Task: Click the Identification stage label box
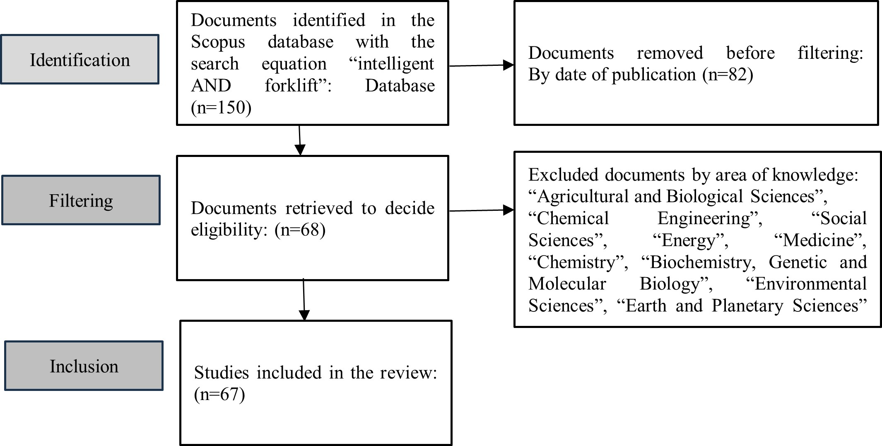pos(80,60)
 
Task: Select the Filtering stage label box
pos(81,200)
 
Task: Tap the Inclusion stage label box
pos(84,366)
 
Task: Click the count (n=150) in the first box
pos(221,108)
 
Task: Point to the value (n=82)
pos(728,75)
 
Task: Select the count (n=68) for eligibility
pos(300,230)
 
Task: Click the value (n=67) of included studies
pos(219,394)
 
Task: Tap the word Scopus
pos(218,42)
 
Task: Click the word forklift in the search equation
pos(292,86)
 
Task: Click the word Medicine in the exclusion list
pos(819,241)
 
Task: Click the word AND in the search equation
pos(211,86)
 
